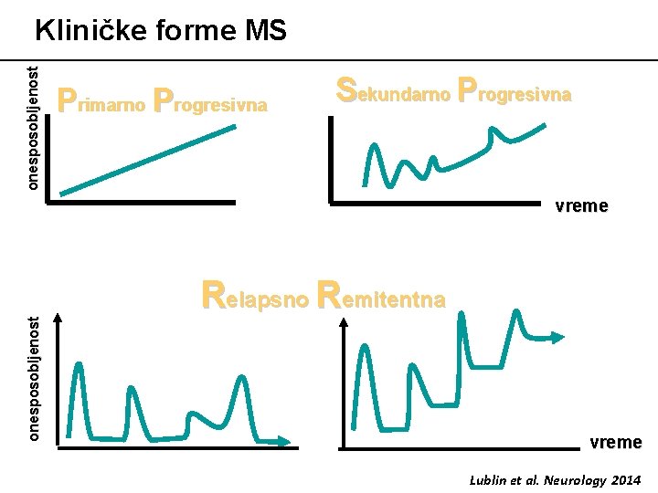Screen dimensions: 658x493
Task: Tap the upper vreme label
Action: (x=581, y=205)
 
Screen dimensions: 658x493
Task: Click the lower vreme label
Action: (x=615, y=442)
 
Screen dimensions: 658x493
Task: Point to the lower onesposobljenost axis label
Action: (x=33, y=378)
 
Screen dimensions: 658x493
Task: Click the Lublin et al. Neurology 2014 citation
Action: (x=555, y=479)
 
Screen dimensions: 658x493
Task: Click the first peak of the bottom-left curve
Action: (x=79, y=365)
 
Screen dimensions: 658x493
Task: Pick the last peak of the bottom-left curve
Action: (x=240, y=377)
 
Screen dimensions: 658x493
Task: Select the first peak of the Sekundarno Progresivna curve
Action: (x=373, y=146)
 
